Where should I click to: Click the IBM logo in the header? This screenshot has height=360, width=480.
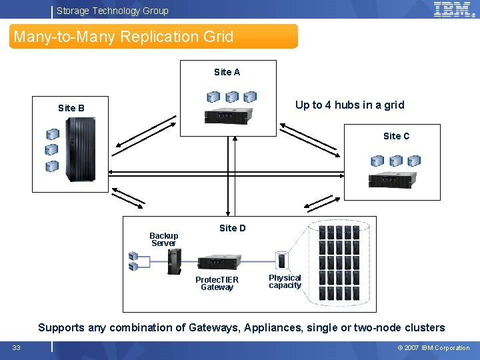pos(453,9)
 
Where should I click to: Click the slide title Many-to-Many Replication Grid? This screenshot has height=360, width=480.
pos(124,37)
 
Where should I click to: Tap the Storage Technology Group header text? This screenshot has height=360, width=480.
pos(112,11)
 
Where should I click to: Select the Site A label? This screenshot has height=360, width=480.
pos(227,72)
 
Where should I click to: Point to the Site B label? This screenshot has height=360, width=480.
pos(71,108)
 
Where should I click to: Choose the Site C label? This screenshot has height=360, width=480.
pos(396,136)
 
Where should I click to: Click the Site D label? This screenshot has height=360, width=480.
pos(232,228)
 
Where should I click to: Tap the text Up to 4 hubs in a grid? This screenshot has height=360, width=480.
pos(349,105)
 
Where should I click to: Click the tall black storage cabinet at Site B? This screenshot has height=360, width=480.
pos(81,150)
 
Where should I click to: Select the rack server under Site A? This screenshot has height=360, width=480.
pos(230,116)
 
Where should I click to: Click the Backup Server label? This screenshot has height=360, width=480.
pos(163,239)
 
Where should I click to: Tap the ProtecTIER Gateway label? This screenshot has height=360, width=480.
pos(217,283)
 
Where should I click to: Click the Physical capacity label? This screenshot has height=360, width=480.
pos(285,281)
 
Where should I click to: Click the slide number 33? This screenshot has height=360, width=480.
pos(16,347)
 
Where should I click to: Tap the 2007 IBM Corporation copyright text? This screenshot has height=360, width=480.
pos(433,347)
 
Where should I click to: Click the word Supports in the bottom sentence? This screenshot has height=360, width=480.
pos(61,327)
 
